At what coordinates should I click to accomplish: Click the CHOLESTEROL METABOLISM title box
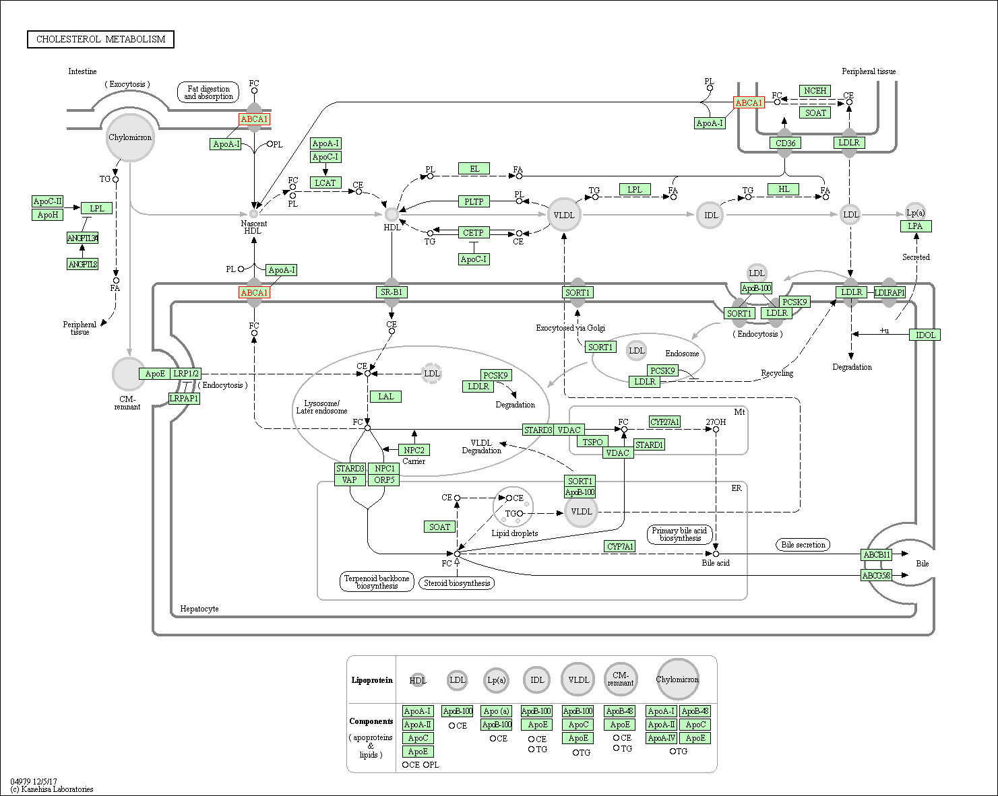pos(100,40)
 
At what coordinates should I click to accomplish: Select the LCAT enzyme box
pos(325,183)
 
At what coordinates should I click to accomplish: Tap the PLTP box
pos(474,201)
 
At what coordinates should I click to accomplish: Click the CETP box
pos(473,232)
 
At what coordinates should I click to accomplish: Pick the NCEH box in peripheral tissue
pos(815,91)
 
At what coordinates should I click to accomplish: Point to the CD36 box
pos(785,143)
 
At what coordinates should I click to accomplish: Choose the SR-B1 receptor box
pos(392,292)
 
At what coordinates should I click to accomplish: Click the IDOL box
pos(925,335)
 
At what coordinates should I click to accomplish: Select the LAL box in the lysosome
pos(385,397)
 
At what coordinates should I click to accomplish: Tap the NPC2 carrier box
pos(414,450)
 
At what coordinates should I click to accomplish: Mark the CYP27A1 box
pos(664,422)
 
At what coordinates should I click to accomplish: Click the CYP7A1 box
pos(619,546)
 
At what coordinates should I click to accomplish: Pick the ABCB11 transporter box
pos(877,555)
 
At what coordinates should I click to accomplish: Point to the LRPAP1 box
pos(184,398)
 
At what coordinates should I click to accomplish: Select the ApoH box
pos(48,215)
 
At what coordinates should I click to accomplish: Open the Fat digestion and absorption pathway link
pos(209,93)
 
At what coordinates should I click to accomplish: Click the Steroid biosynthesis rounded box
pos(457,583)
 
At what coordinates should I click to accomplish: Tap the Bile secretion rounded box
pos(803,545)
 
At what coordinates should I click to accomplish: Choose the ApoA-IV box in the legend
pos(661,738)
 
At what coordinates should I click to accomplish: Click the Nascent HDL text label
pos(253,227)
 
